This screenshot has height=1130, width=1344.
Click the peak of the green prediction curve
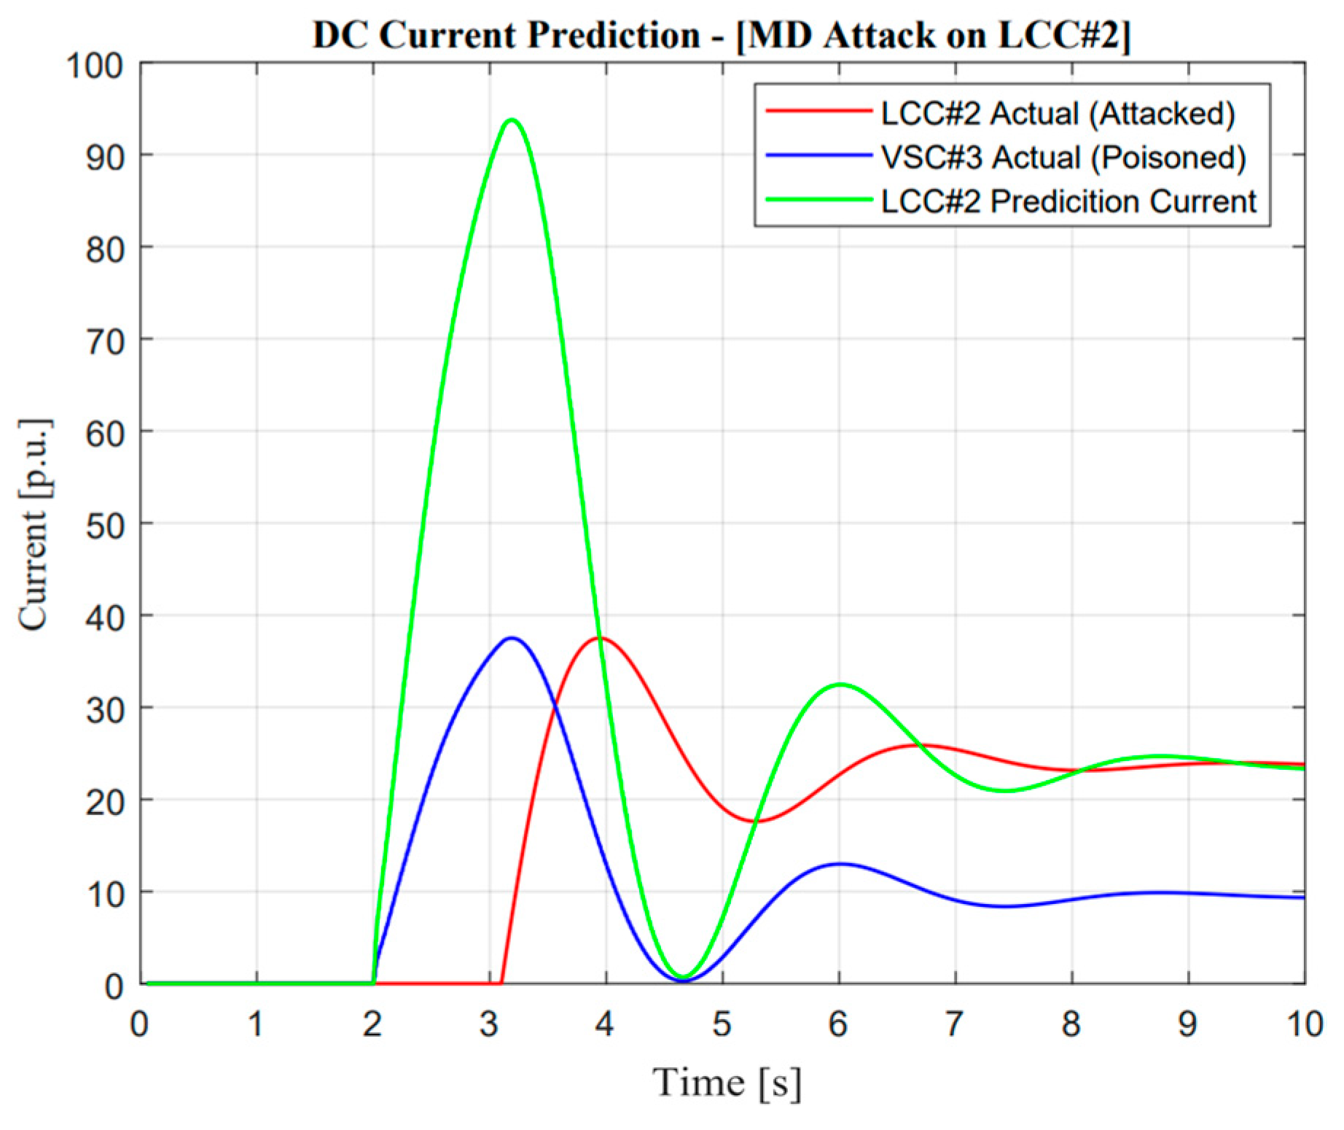click(512, 120)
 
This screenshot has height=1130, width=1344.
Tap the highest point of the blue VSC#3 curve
click(512, 639)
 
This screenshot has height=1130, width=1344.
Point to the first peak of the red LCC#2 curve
click(602, 639)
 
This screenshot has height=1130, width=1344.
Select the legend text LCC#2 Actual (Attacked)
click(1058, 114)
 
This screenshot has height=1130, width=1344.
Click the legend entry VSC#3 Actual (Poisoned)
click(1063, 157)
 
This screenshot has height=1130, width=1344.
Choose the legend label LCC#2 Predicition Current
click(1068, 201)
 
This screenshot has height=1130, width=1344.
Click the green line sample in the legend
click(818, 200)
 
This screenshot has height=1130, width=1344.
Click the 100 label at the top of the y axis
click(95, 66)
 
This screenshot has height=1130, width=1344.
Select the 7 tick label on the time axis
click(954, 1024)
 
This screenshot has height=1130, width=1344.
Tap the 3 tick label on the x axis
click(488, 1024)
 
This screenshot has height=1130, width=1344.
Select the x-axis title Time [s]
click(727, 1082)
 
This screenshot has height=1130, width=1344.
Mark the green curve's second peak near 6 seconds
click(840, 685)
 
